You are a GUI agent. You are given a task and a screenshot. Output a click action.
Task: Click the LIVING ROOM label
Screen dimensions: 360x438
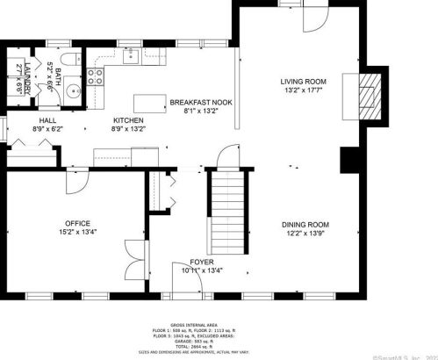304,80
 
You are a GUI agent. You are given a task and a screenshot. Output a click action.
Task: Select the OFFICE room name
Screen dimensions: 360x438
76,223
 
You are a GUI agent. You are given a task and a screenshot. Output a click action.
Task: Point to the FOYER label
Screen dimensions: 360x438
202,262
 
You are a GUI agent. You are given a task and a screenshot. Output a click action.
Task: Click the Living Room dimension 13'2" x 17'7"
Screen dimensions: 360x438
304,90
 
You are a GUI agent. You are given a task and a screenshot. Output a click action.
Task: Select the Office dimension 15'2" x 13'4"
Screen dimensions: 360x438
76,233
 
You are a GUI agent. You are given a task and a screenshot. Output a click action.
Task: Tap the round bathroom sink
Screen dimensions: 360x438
73,90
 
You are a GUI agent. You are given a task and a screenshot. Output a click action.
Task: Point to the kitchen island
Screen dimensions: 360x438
151,104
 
